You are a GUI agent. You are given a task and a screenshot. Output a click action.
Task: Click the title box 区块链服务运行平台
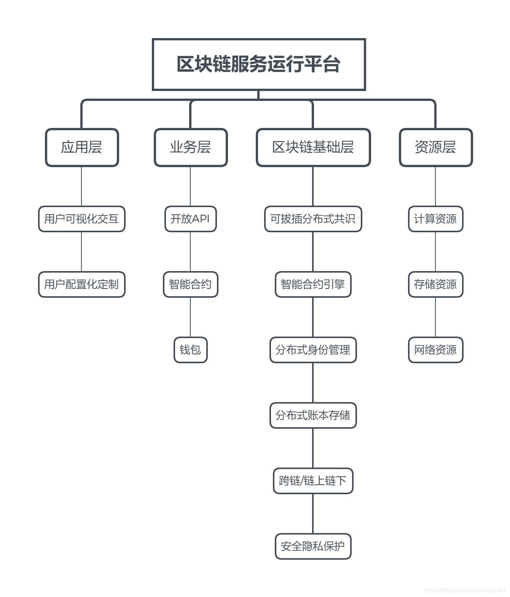pyautogui.click(x=259, y=64)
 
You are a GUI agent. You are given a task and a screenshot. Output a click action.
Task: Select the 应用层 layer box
pyautogui.click(x=82, y=147)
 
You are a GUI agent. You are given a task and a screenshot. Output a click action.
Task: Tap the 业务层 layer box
pyautogui.click(x=191, y=147)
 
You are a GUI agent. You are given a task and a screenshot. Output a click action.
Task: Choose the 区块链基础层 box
pyautogui.click(x=313, y=147)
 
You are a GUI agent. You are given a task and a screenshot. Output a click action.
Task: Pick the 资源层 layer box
pyautogui.click(x=436, y=147)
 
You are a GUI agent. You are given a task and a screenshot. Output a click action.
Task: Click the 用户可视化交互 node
pyautogui.click(x=82, y=219)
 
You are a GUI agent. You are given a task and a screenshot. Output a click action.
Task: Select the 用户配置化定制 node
pyautogui.click(x=82, y=284)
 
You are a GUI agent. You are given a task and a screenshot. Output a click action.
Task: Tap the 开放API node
pyautogui.click(x=191, y=219)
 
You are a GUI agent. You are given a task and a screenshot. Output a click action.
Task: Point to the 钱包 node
pyautogui.click(x=191, y=350)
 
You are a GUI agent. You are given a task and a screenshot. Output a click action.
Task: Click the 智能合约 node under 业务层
pyautogui.click(x=191, y=284)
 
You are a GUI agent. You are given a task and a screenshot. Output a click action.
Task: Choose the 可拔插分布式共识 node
pyautogui.click(x=313, y=219)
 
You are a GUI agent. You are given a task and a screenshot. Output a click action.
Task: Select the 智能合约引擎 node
pyautogui.click(x=313, y=284)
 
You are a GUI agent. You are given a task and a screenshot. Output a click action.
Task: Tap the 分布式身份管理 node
pyautogui.click(x=313, y=350)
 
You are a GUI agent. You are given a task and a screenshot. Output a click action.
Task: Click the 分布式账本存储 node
pyautogui.click(x=313, y=415)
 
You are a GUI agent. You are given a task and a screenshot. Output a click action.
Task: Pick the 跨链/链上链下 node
pyautogui.click(x=313, y=481)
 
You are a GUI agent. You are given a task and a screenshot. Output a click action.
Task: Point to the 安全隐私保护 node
pyautogui.click(x=313, y=546)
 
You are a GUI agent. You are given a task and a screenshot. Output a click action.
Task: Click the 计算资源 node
pyautogui.click(x=436, y=219)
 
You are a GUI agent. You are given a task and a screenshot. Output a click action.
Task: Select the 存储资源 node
pyautogui.click(x=436, y=284)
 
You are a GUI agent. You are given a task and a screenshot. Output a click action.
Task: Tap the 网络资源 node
pyautogui.click(x=436, y=350)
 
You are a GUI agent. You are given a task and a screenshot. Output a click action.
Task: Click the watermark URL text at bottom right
pyautogui.click(x=465, y=590)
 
